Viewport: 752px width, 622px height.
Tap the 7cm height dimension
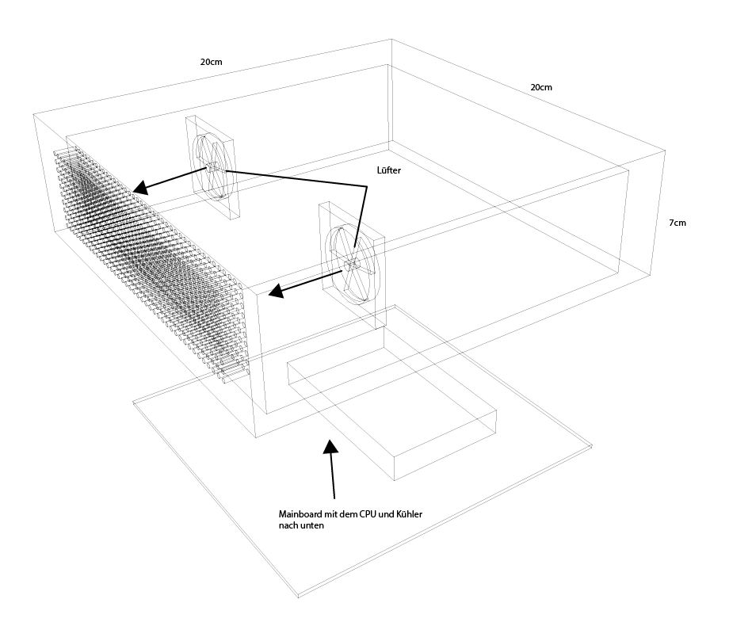click(x=677, y=223)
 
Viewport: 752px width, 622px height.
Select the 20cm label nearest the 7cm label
click(x=540, y=87)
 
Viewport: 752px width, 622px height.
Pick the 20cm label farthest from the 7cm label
click(x=212, y=62)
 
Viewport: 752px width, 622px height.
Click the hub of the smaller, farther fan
click(x=213, y=166)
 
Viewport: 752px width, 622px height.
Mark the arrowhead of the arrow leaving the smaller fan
click(x=139, y=189)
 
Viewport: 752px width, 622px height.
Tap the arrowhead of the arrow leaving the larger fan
click(x=275, y=292)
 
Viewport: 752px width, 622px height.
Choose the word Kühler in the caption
click(x=408, y=514)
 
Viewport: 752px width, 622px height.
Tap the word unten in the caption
click(x=311, y=525)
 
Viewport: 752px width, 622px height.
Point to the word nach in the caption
click(x=288, y=525)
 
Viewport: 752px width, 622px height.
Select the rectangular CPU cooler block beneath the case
click(x=392, y=412)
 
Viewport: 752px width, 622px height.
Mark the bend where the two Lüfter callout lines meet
click(x=368, y=187)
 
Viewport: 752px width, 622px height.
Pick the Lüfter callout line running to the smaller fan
click(x=293, y=177)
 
